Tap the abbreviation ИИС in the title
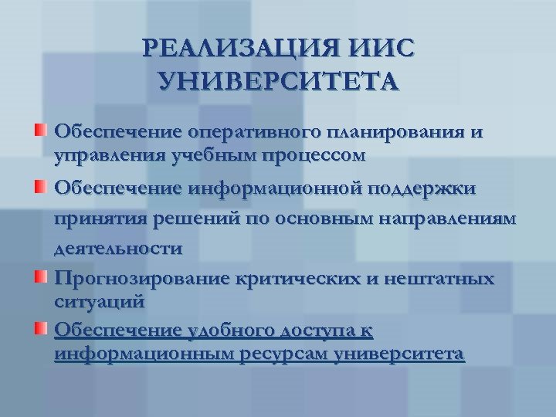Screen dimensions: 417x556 379,50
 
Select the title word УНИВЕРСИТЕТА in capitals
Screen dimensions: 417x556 278,81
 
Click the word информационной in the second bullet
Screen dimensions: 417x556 274,188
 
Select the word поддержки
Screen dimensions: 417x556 423,188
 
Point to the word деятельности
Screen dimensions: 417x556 118,249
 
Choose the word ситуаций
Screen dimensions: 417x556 100,299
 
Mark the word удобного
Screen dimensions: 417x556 229,331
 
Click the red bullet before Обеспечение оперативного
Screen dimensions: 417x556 41,128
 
